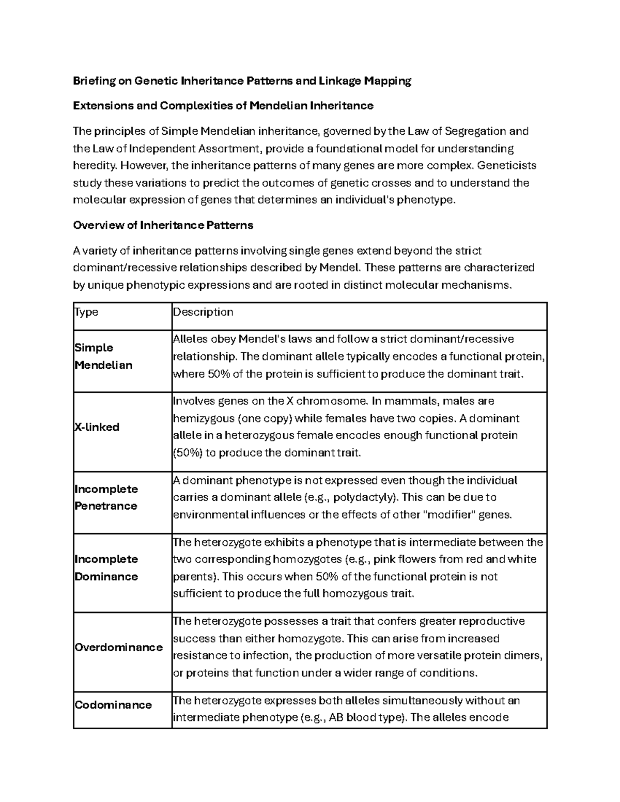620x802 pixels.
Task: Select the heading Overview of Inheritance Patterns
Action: (x=163, y=225)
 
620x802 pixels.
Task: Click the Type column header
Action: (x=86, y=312)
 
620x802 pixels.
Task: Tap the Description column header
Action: (x=203, y=312)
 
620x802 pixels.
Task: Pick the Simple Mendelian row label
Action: (x=103, y=356)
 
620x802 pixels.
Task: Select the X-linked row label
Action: (x=97, y=427)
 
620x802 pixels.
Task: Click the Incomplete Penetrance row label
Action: (x=106, y=497)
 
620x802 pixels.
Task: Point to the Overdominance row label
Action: (x=118, y=647)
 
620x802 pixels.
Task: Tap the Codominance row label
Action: (x=113, y=705)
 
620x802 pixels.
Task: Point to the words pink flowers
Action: (x=403, y=559)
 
